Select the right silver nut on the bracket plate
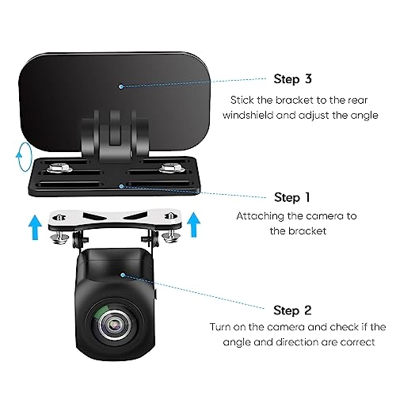point(169,167)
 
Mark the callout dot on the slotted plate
point(120,185)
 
